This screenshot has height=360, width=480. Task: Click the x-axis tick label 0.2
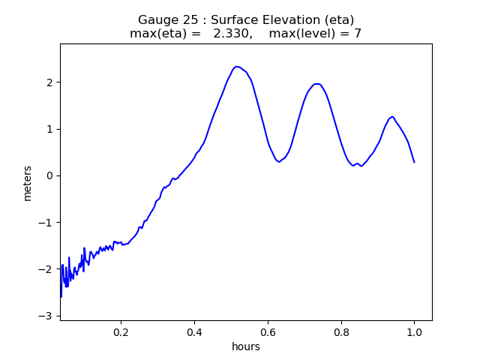[x=121, y=332]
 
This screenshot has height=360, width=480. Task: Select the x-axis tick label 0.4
[x=194, y=332]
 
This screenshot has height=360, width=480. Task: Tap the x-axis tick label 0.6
[x=268, y=332]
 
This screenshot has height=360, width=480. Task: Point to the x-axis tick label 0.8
[x=340, y=332]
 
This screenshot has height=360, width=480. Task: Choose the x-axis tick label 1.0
[x=414, y=332]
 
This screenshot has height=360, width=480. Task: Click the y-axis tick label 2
[x=49, y=82]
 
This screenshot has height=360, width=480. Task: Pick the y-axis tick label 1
[x=49, y=129]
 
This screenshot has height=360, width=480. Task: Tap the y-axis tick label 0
[x=49, y=175]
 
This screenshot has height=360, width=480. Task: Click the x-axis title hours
[x=246, y=346]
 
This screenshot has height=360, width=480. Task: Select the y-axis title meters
[x=28, y=183]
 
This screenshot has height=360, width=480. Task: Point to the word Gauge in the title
[x=156, y=19]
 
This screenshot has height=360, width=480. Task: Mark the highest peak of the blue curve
[x=237, y=67]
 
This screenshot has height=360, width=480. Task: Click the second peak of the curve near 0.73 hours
[x=317, y=84]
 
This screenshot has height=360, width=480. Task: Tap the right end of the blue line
[x=414, y=162]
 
